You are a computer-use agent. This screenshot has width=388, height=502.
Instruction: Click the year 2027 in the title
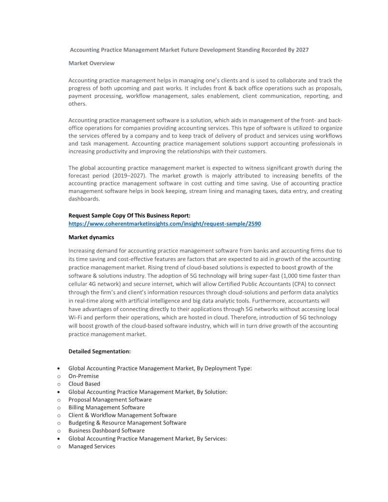(x=302, y=49)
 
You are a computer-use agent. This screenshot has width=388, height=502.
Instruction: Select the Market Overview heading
(x=91, y=63)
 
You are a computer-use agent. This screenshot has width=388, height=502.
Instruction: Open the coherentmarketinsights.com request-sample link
(x=165, y=223)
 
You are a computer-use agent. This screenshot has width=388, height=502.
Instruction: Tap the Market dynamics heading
(x=91, y=237)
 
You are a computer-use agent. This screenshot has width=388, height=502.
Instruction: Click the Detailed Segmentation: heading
(x=99, y=352)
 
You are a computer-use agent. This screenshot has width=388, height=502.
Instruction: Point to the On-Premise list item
(x=84, y=376)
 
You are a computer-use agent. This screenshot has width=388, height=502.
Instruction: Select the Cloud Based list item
(x=84, y=384)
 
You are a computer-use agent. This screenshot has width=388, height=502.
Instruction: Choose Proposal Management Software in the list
(x=110, y=400)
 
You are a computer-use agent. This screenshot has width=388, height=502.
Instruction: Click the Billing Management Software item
(x=107, y=407)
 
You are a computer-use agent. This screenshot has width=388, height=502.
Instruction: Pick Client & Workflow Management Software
(x=122, y=415)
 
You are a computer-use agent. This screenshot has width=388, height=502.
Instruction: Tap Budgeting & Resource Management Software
(x=127, y=423)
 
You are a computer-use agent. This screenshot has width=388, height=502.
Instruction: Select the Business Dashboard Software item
(x=107, y=431)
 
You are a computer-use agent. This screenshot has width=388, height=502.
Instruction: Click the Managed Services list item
(x=92, y=446)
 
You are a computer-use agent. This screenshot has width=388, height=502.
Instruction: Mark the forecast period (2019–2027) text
(x=112, y=176)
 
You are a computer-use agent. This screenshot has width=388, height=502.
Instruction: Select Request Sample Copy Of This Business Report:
(x=129, y=215)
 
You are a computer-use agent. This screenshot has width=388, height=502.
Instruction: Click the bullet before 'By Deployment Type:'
(x=58, y=368)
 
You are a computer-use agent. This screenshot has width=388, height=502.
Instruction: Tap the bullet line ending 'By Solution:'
(x=148, y=392)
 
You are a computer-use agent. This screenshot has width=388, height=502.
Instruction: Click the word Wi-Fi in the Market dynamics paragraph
(x=76, y=318)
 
